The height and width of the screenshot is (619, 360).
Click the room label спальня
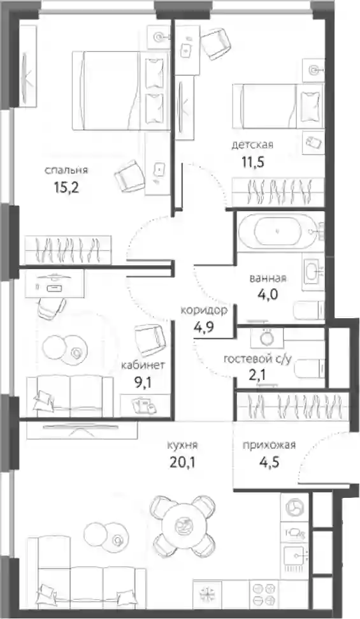pyautogui.click(x=66, y=171)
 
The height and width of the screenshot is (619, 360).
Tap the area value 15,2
pyautogui.click(x=67, y=187)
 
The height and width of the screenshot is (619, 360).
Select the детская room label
pyautogui.click(x=252, y=145)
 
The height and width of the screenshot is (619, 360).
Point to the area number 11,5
pyautogui.click(x=252, y=162)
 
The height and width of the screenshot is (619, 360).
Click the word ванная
pyautogui.click(x=268, y=279)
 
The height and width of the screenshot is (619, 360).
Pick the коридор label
pyautogui.click(x=204, y=310)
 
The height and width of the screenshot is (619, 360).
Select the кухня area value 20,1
pyautogui.click(x=182, y=462)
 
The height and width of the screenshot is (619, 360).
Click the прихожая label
pyautogui.click(x=270, y=446)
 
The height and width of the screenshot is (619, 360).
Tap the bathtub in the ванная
pyautogui.click(x=280, y=231)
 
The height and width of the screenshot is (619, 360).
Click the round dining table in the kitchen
pyautogui.click(x=183, y=526)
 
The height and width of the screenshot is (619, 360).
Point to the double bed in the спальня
pyautogui.click(x=121, y=91)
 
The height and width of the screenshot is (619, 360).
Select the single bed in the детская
pyautogui.click(x=278, y=106)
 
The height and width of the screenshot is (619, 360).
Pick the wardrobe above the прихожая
pyautogui.click(x=292, y=406)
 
